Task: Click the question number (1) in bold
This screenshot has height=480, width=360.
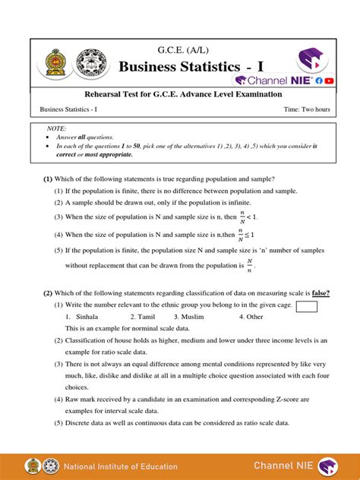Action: [x=46, y=179]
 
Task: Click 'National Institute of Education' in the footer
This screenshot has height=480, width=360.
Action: [x=120, y=466]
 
